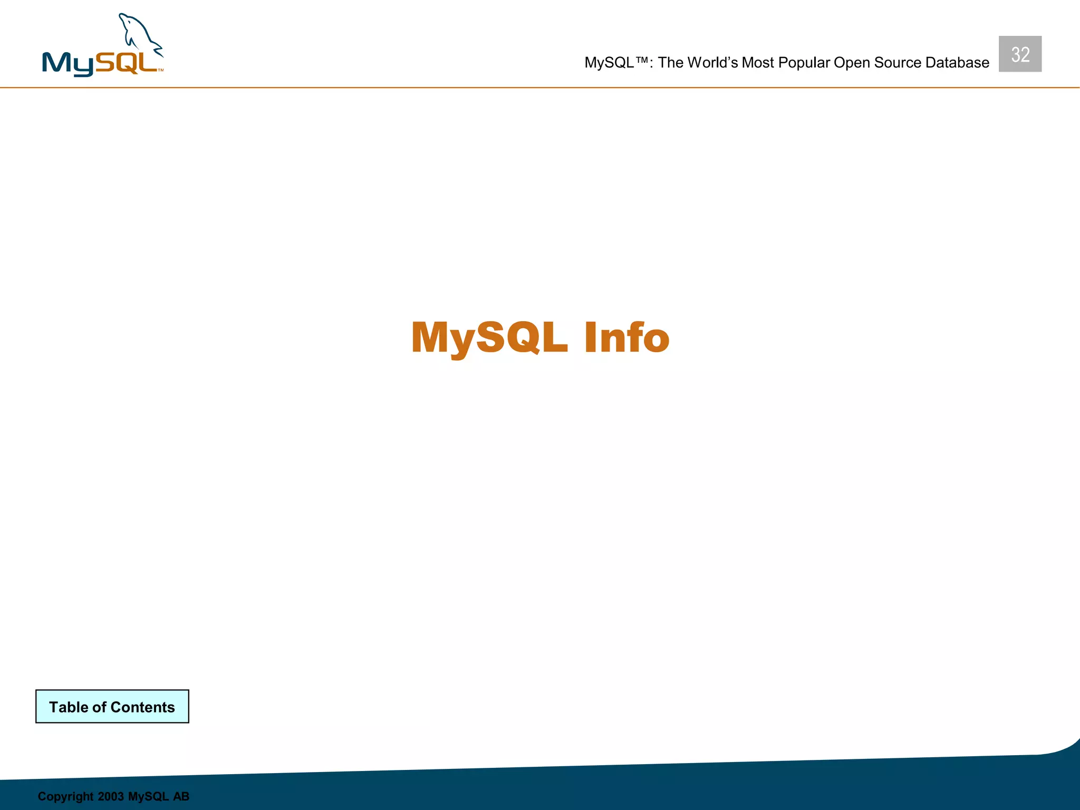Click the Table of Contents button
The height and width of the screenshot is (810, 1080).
[x=112, y=706]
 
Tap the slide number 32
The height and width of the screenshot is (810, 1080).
[x=1020, y=54]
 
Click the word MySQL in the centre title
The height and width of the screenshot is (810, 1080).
[x=489, y=337]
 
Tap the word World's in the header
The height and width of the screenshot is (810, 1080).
[x=712, y=63]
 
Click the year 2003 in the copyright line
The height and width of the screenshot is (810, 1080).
[x=111, y=796]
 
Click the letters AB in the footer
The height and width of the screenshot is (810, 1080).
[x=181, y=796]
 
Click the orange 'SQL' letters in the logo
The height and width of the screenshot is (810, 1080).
[x=127, y=63]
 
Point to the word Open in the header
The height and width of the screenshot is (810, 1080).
[x=851, y=63]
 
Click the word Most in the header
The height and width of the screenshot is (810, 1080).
[x=758, y=63]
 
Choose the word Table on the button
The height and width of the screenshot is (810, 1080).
[x=69, y=707]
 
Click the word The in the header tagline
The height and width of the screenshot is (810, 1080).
[x=670, y=63]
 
